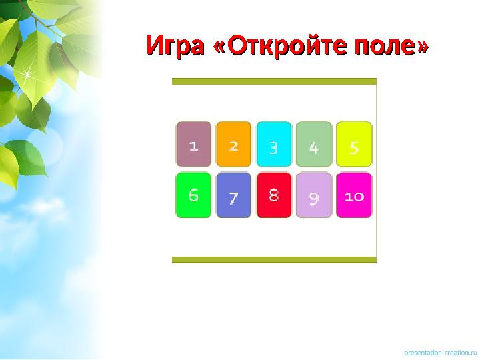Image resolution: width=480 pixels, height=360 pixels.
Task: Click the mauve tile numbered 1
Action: click(193, 144)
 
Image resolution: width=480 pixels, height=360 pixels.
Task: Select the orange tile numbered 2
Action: click(233, 144)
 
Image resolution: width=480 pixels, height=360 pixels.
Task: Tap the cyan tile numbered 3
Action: click(273, 144)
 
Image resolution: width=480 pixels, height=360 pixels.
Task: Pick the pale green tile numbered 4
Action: click(314, 144)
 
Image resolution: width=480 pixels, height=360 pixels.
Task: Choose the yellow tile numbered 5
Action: click(354, 144)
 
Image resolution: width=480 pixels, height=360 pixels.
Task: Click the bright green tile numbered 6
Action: click(193, 195)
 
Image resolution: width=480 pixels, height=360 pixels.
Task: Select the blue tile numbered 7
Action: click(233, 195)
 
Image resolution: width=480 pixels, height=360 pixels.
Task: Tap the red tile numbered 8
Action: click(273, 195)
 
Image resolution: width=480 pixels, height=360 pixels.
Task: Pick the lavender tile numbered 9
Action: click(314, 195)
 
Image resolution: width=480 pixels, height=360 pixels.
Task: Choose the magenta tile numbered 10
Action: click(354, 195)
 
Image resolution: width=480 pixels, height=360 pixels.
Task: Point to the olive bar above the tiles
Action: click(274, 81)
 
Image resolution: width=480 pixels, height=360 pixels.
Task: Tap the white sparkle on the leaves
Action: click(28, 75)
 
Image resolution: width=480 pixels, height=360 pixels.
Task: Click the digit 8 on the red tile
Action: click(273, 195)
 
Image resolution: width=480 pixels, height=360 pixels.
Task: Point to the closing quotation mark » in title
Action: click(421, 48)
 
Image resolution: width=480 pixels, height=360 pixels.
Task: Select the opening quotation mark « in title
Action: click(219, 48)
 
